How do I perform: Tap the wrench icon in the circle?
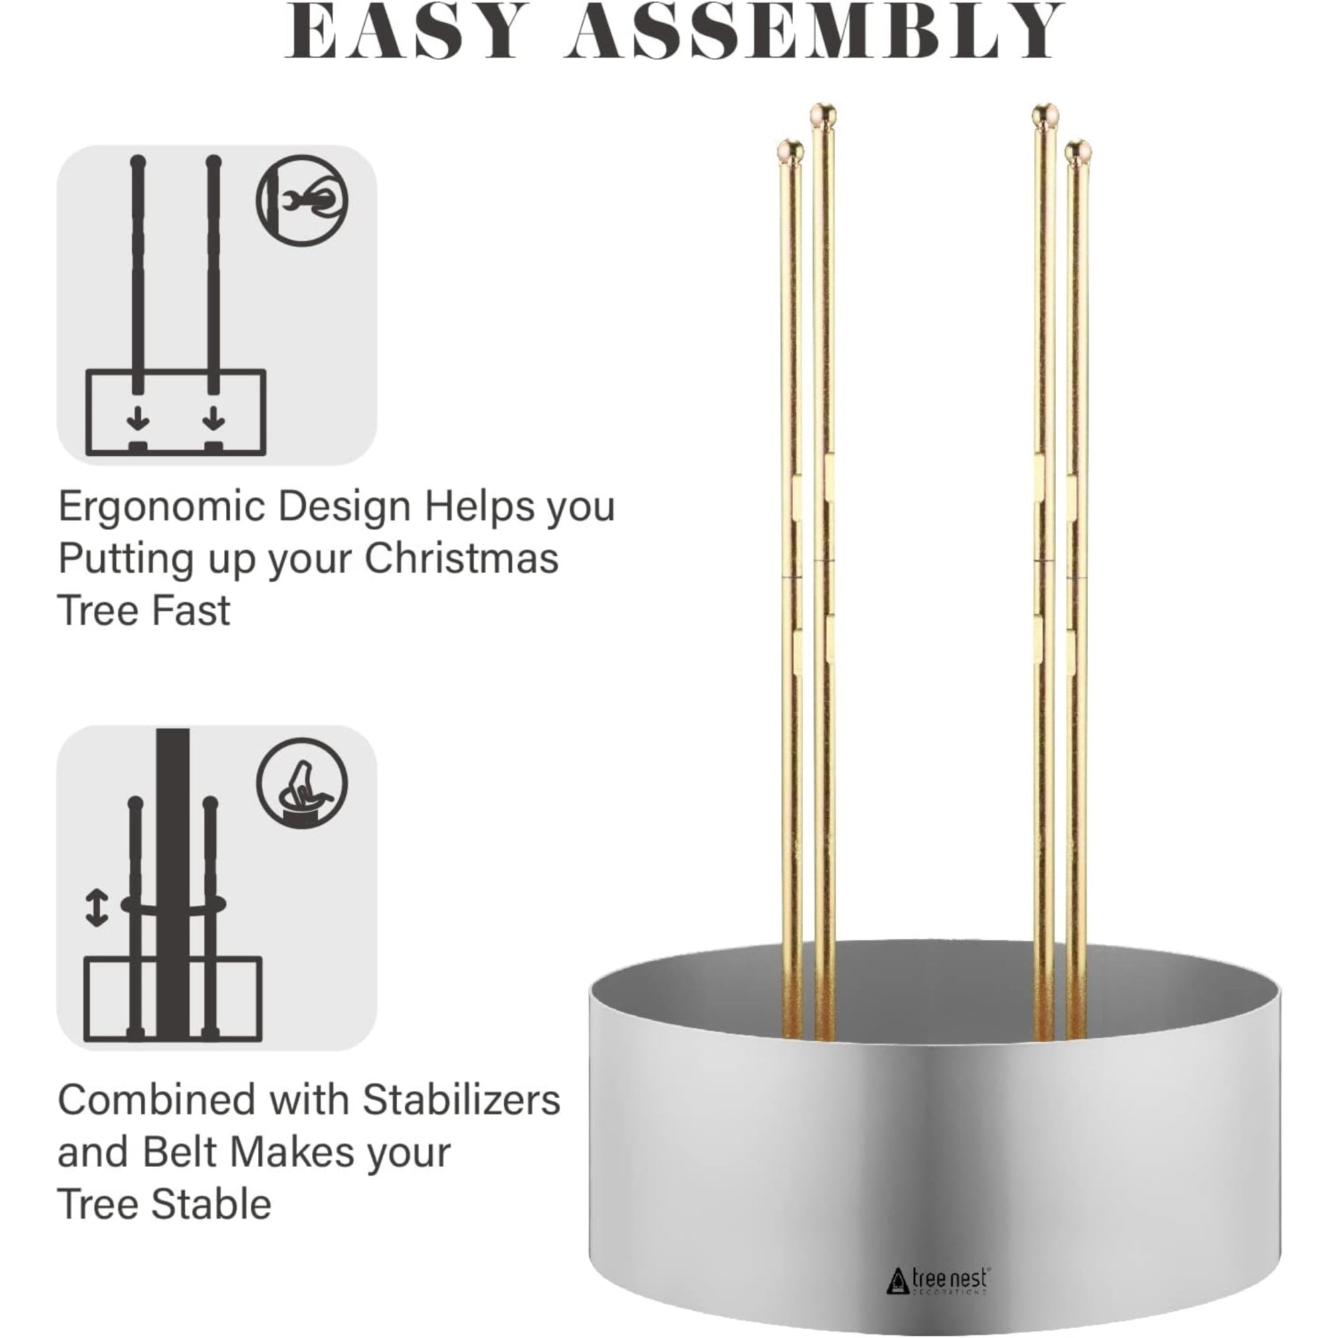[x=302, y=200]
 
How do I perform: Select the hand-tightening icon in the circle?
[x=302, y=782]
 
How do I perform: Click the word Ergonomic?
[x=162, y=507]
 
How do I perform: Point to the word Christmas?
[x=461, y=558]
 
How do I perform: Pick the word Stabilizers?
[x=461, y=1099]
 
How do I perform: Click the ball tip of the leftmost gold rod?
[x=790, y=150]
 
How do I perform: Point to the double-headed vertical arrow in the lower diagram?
[x=96, y=908]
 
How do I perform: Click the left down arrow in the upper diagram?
[x=138, y=417]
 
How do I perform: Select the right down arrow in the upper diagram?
[x=214, y=417]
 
